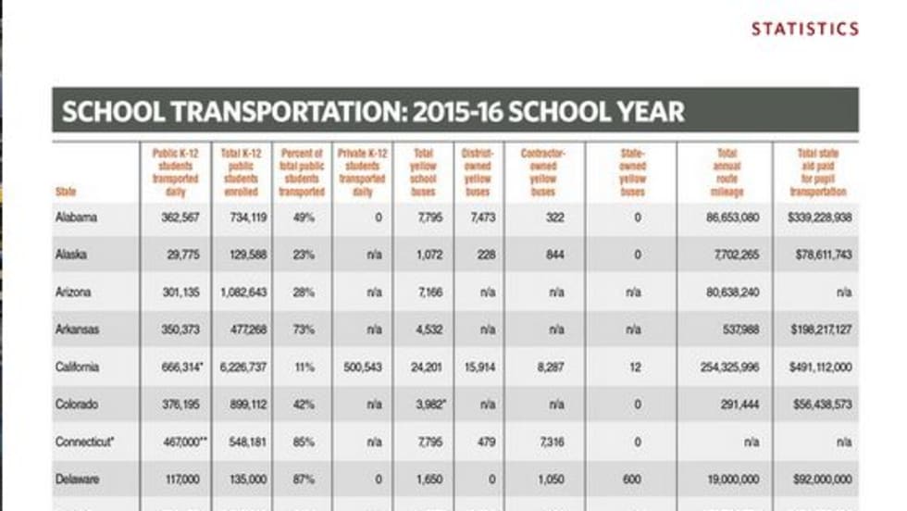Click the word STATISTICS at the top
[804, 29]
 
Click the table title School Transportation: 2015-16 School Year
[373, 112]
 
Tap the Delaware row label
[78, 479]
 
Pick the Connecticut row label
[85, 442]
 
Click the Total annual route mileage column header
[726, 171]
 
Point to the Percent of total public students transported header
[302, 171]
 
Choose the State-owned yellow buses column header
[633, 171]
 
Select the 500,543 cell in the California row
[363, 368]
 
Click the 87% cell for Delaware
[302, 479]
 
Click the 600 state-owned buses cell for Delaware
[633, 479]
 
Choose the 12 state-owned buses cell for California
[633, 368]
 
